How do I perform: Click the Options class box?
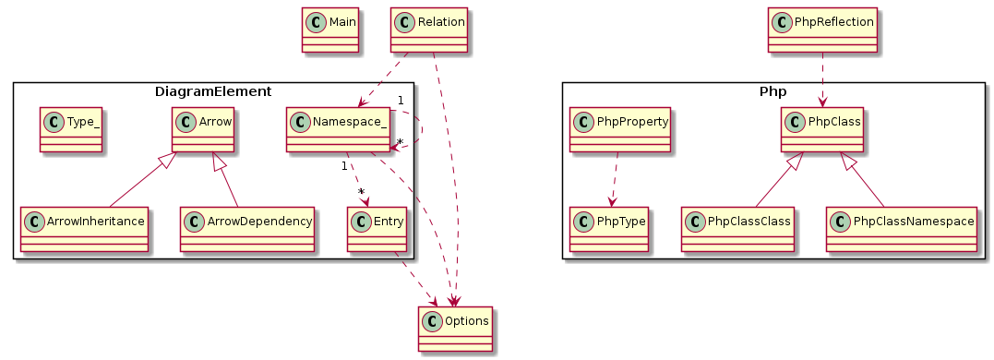coord(456,329)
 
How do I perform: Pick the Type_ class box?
coord(70,129)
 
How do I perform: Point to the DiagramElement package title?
coord(213,91)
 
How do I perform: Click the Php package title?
coord(772,91)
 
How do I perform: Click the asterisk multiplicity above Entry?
coord(362,191)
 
